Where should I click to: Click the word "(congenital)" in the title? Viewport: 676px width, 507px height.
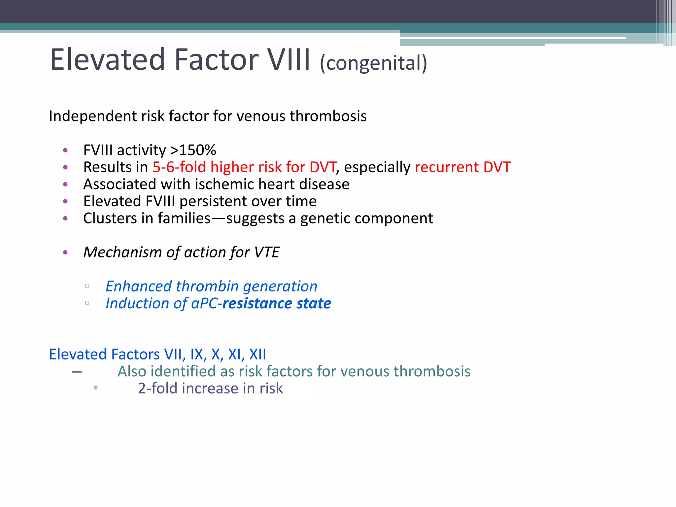373,63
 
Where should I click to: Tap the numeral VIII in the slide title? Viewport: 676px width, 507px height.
288,60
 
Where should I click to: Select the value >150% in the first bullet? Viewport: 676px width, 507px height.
193,150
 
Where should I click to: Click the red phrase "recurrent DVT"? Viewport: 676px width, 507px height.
462,167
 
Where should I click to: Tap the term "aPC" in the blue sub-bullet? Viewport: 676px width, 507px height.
204,303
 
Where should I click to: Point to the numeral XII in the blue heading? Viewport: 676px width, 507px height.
257,354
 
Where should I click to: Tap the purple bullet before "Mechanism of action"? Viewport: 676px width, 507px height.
65,253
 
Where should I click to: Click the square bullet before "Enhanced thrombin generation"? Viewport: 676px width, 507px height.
87,286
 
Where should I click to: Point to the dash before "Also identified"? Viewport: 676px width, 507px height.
77,372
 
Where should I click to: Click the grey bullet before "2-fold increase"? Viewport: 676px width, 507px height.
95,388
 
